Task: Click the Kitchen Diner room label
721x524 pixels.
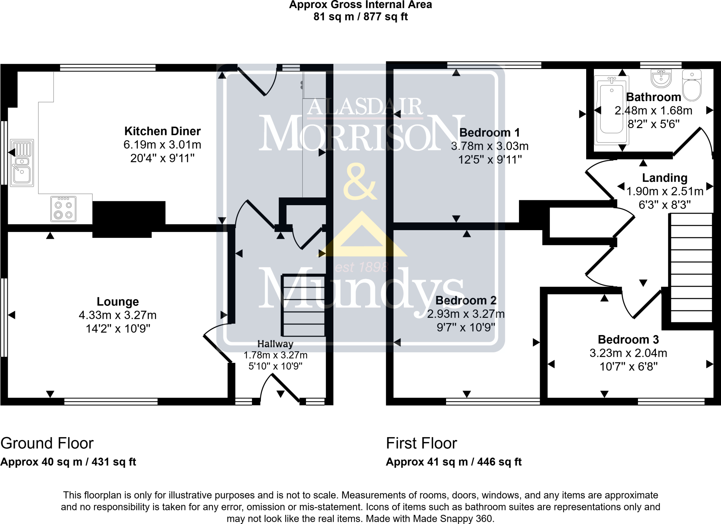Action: pyautogui.click(x=162, y=131)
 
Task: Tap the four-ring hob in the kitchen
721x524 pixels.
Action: pyautogui.click(x=63, y=209)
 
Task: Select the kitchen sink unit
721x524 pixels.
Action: pyautogui.click(x=22, y=163)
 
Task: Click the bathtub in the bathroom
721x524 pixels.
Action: pyautogui.click(x=612, y=111)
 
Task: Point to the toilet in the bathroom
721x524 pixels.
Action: pyautogui.click(x=692, y=86)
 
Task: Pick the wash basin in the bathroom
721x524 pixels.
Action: pyautogui.click(x=662, y=78)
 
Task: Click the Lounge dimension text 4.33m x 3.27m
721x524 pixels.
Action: pyautogui.click(x=118, y=315)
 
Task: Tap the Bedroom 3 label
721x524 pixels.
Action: pyautogui.click(x=628, y=340)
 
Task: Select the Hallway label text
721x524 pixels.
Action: pyautogui.click(x=275, y=344)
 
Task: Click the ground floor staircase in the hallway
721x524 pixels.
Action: pyautogui.click(x=303, y=305)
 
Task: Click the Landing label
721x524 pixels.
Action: pyautogui.click(x=665, y=178)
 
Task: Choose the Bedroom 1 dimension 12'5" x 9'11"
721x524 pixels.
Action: pyautogui.click(x=490, y=160)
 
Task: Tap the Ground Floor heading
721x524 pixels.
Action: pyautogui.click(x=47, y=443)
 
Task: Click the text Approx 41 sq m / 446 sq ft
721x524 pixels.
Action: pyautogui.click(x=454, y=462)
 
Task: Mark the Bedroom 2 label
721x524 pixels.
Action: pyautogui.click(x=466, y=301)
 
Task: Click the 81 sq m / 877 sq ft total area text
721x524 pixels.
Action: pyautogui.click(x=360, y=17)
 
